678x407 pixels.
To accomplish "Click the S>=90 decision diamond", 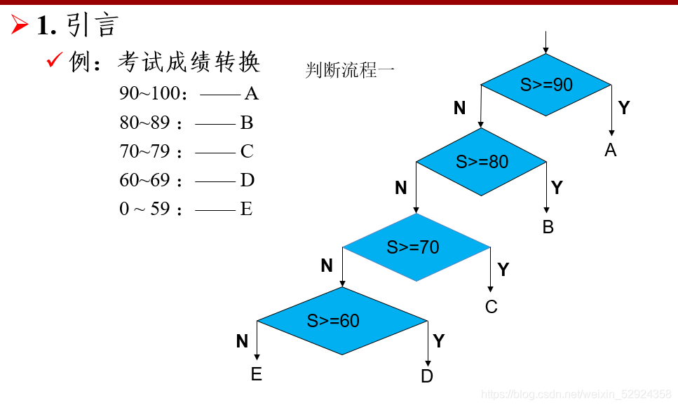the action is point(545,85).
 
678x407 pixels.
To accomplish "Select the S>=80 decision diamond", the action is point(481,162).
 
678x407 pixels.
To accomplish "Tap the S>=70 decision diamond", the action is point(416,247).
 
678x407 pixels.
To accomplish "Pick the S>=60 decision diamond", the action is point(341,321).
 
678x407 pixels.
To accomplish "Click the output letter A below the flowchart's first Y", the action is point(611,150).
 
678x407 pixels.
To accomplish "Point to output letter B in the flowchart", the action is point(548,227).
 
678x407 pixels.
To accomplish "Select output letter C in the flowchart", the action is point(491,307).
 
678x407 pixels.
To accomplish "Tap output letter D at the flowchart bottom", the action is point(427,376).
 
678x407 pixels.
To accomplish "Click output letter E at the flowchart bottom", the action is point(257,375).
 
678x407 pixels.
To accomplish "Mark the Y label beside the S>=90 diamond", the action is point(624,108).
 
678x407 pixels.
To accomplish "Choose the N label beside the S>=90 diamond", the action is point(459,108).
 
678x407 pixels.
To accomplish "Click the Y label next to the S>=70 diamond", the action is point(503,270).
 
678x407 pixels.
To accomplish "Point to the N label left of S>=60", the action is point(242,341).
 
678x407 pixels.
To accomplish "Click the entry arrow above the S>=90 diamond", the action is point(545,42).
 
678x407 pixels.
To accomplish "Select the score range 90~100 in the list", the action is point(149,94).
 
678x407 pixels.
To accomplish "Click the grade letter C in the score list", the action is point(246,151).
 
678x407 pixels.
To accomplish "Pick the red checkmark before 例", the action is point(55,61).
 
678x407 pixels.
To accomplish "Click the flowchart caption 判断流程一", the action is point(350,70).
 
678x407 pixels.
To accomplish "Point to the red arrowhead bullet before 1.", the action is point(19,25).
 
